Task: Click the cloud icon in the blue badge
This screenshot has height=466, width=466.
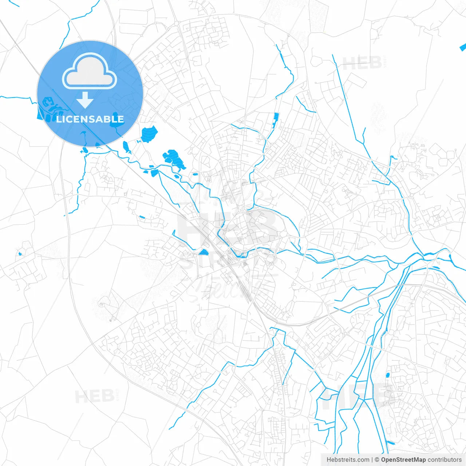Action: (x=90, y=71)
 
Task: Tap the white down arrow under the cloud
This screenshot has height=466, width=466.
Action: (x=85, y=99)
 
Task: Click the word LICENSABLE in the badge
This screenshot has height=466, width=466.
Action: (x=90, y=119)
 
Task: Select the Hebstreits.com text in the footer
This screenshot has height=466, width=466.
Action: (x=348, y=460)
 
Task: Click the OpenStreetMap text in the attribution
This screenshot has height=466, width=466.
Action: (x=403, y=460)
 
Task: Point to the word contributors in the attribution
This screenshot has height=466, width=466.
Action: (x=445, y=460)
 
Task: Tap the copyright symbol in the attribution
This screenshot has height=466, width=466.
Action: (x=377, y=460)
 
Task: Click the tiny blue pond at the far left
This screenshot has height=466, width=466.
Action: (x=20, y=254)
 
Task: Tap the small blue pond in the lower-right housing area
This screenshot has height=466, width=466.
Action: (x=387, y=375)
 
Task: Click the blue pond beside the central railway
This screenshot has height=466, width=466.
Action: (x=204, y=252)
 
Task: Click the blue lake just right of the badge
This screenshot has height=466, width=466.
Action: (x=149, y=134)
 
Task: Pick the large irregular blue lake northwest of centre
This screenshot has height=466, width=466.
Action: (x=173, y=159)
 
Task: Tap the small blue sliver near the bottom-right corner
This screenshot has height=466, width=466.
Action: (x=390, y=443)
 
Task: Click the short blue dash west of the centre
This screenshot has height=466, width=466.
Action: (x=142, y=218)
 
